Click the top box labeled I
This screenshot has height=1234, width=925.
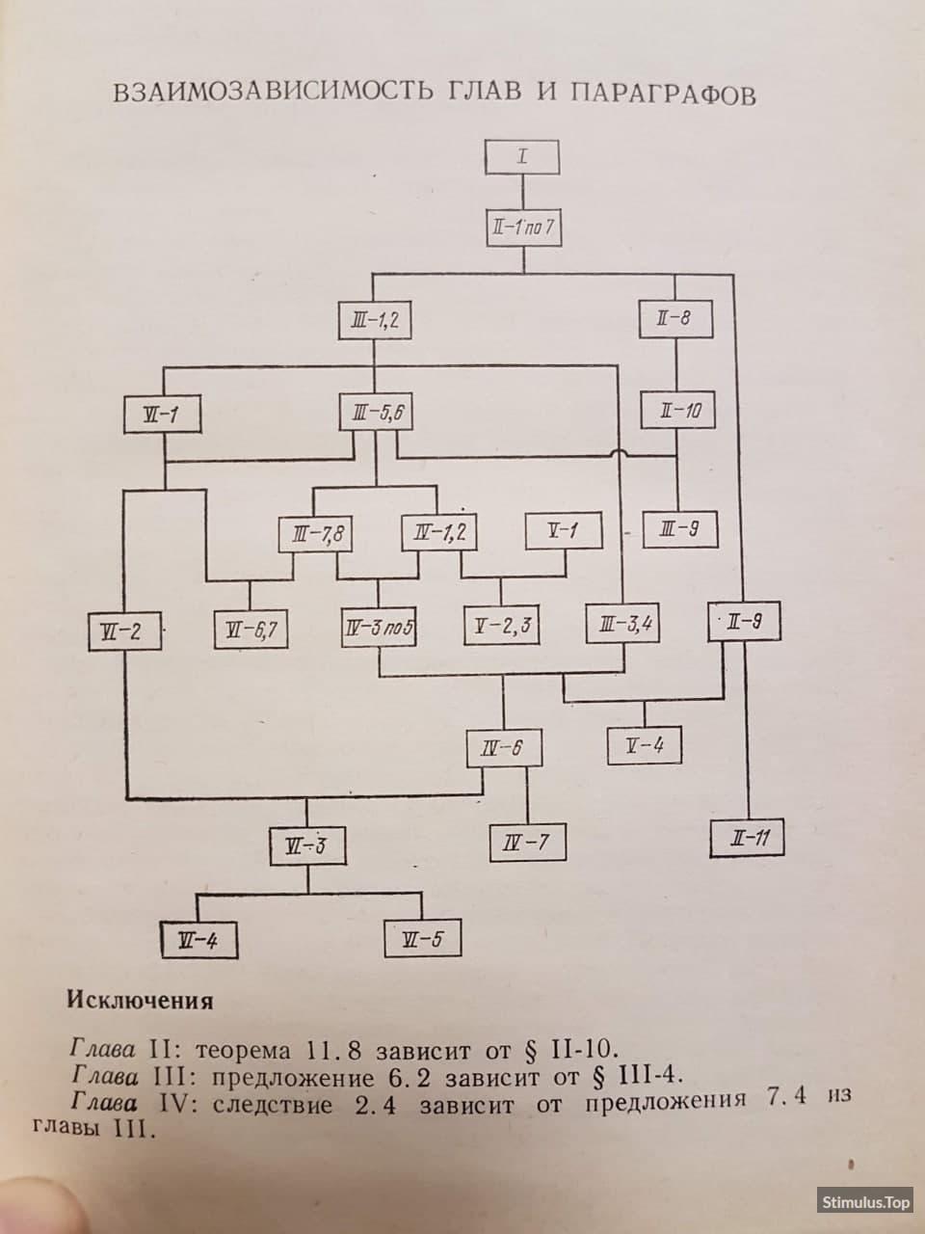[x=521, y=157]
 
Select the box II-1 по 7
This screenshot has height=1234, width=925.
[x=523, y=228]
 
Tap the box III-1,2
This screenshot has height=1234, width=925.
[x=375, y=320]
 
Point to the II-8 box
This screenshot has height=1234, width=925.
[x=675, y=319]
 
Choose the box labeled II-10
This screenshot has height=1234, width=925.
[x=678, y=411]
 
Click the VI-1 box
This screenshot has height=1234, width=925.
[x=162, y=415]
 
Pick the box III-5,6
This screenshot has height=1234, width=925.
[x=377, y=413]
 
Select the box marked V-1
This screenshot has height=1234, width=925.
[x=564, y=530]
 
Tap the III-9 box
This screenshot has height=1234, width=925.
[x=680, y=529]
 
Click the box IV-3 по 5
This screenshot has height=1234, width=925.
[x=379, y=627]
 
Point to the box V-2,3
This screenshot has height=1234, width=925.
[x=502, y=625]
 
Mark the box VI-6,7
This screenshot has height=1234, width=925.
[x=251, y=630]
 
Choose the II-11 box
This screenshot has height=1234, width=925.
[x=747, y=838]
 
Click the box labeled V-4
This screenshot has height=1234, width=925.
[x=645, y=745]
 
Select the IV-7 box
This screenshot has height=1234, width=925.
[x=527, y=843]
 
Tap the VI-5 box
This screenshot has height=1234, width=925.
[x=423, y=938]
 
